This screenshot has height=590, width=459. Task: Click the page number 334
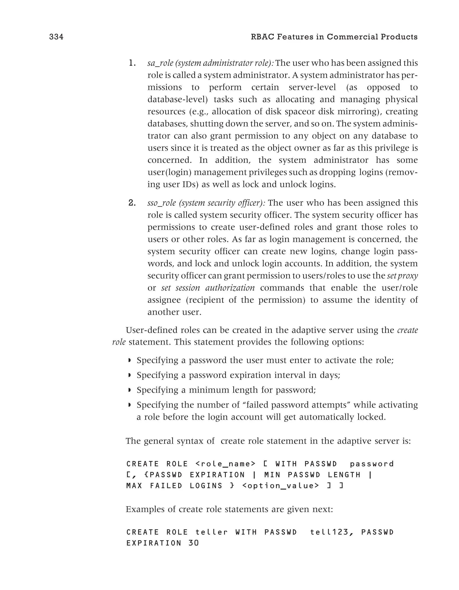coord(56,37)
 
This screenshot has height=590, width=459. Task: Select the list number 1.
coord(132,63)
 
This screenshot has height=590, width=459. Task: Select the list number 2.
coord(132,203)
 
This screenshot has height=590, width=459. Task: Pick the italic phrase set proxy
coord(402,276)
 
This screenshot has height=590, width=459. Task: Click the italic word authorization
coord(230,288)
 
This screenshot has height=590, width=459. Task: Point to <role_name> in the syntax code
coord(225,464)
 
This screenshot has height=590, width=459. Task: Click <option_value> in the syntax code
coord(281,486)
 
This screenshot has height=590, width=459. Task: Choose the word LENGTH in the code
coord(344,475)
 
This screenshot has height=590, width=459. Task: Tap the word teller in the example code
coord(212,532)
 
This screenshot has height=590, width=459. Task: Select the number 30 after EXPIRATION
coord(193,543)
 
